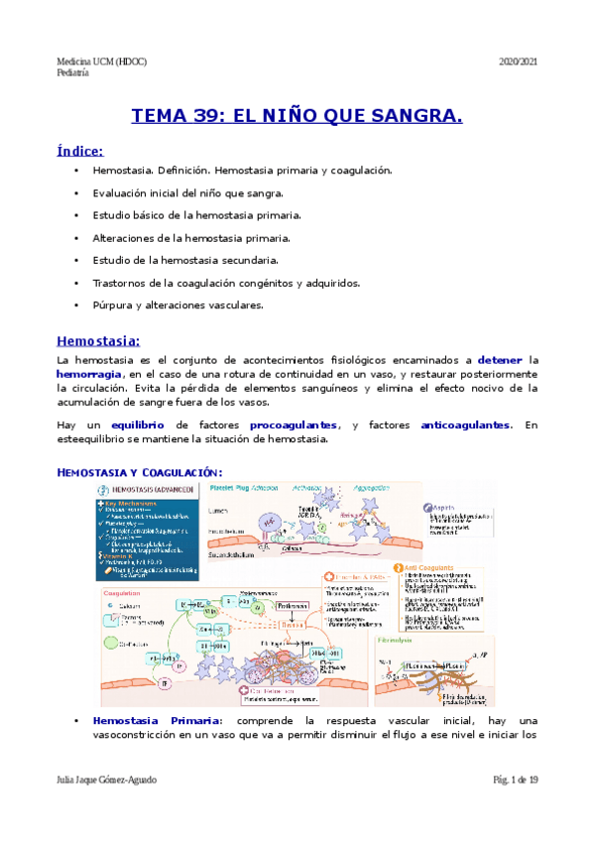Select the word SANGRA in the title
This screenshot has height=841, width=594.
pyautogui.click(x=420, y=117)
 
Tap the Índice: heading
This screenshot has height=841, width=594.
pyautogui.click(x=80, y=151)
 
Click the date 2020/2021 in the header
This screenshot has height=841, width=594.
pyautogui.click(x=518, y=61)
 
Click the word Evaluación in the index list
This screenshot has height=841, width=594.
pyautogui.click(x=123, y=192)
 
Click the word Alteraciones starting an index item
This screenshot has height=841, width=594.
pyautogui.click(x=126, y=238)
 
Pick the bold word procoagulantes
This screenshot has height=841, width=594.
pyautogui.click(x=294, y=424)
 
